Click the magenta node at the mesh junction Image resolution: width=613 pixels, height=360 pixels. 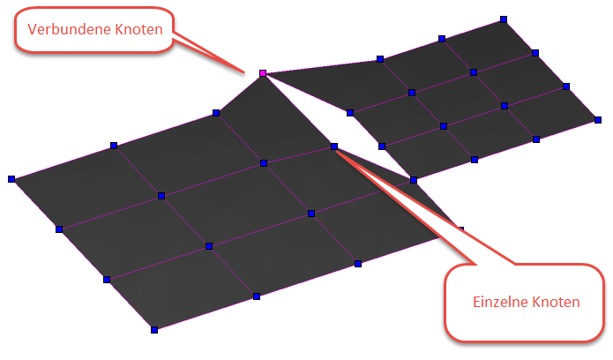click(263, 73)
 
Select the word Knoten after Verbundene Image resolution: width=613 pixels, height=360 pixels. click(138, 29)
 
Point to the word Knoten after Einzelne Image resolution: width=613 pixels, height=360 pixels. click(556, 302)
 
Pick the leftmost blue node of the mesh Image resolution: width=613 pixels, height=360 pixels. click(11, 179)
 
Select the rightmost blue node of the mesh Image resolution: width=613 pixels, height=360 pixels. click(598, 120)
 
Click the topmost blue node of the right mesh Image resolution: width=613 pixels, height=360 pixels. click(504, 19)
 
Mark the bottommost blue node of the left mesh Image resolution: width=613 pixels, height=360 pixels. click(154, 330)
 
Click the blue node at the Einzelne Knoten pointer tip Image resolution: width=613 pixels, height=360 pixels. click(334, 146)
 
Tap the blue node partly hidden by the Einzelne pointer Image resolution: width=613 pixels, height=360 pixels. click(461, 229)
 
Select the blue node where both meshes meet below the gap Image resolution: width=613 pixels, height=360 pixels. click(414, 180)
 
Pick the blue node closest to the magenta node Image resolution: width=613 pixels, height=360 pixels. click(216, 113)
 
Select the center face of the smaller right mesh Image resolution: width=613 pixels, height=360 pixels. click(458, 100)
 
